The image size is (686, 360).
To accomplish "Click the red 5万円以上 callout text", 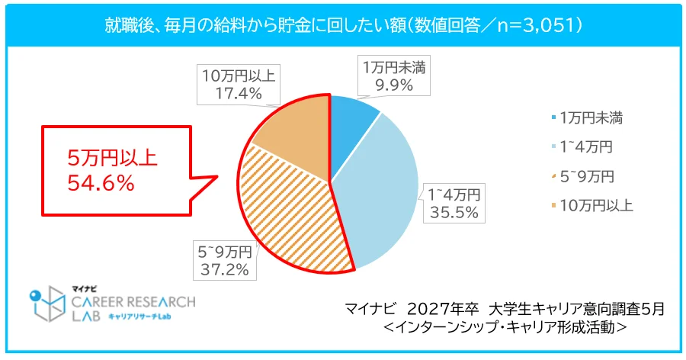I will pyautogui.click(x=111, y=159).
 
